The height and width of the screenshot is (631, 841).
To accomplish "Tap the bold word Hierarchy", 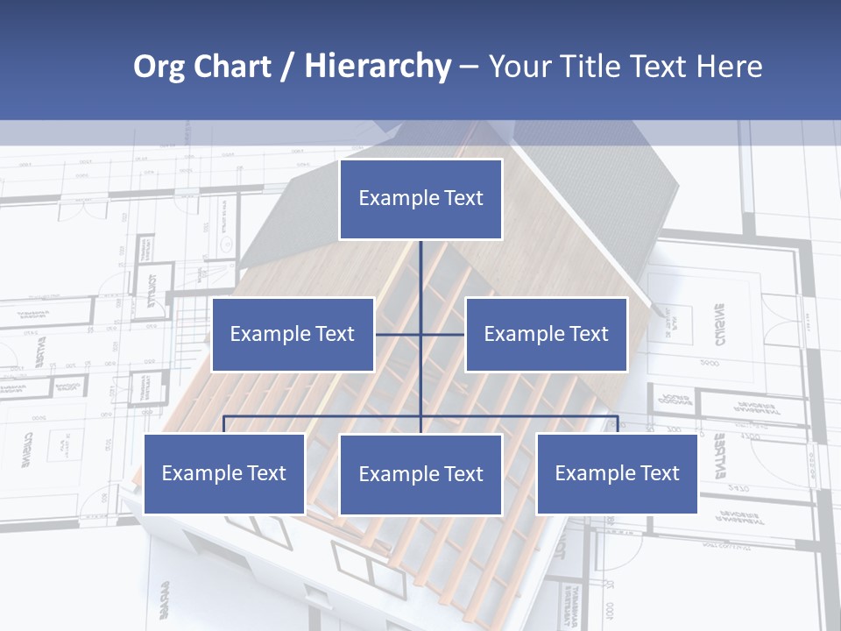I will tap(377, 67).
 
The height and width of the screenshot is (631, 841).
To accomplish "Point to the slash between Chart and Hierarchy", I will tap(287, 67).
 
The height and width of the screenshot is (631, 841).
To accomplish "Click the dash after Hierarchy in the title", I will tap(469, 67).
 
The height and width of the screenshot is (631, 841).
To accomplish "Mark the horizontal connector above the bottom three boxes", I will tap(324, 416).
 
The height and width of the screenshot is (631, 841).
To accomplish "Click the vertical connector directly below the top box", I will tap(420, 272).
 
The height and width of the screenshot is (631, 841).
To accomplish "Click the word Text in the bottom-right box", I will tap(659, 473).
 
